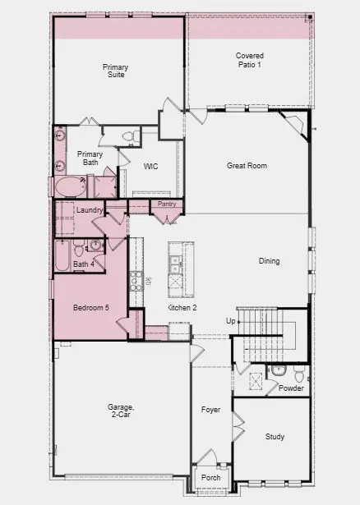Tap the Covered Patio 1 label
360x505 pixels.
249,60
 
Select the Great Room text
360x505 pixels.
247,166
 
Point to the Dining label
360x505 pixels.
269,261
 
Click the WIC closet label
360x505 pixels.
150,167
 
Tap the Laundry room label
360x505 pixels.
89,211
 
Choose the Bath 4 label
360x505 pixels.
84,264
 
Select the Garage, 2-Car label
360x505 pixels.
121,411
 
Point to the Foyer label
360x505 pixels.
211,409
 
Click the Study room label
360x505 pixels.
275,437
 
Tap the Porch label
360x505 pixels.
210,478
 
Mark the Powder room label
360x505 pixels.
291,388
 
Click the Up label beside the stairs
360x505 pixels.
231,320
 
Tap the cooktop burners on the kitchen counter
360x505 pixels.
136,282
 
